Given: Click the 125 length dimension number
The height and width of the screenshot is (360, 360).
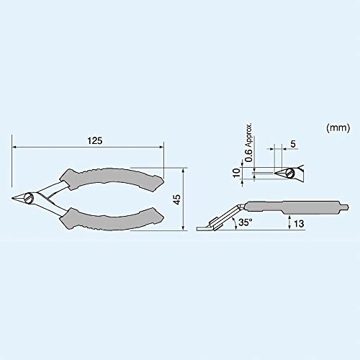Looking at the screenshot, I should point(94,141).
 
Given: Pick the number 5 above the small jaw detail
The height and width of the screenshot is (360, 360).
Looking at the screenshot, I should point(292,144).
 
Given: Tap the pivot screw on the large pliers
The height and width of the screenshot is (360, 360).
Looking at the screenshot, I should point(30,197).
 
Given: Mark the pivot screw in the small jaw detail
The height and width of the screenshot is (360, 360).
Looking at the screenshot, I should point(291,173).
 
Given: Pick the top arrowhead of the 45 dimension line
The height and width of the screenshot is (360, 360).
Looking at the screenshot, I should point(186,171).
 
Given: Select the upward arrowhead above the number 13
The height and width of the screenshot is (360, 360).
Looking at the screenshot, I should point(288,215).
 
